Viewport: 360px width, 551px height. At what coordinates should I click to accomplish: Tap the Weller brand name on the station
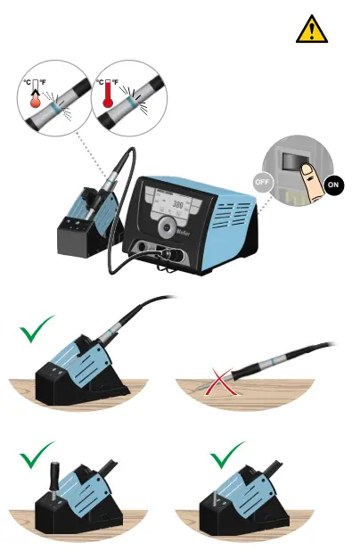205,229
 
